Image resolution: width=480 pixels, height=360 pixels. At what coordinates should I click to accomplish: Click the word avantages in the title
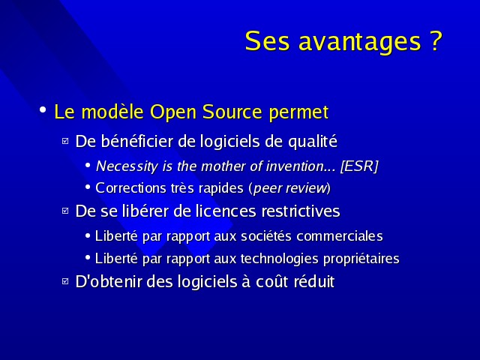[360, 42]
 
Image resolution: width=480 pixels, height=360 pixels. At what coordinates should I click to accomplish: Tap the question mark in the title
[436, 40]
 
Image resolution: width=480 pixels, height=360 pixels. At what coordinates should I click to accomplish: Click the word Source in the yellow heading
[232, 112]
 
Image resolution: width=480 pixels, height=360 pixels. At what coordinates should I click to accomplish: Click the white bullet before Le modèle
[43, 109]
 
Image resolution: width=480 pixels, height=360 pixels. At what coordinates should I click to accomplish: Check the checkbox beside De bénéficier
[65, 141]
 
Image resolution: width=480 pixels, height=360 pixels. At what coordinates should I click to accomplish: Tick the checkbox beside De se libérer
[65, 211]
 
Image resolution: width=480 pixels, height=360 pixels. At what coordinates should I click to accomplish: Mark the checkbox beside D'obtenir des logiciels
[65, 281]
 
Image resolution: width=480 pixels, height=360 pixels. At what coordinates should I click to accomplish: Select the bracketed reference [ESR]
[359, 166]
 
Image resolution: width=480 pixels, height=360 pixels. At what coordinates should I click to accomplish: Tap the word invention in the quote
[294, 166]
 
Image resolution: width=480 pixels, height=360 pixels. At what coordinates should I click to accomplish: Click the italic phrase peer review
[290, 188]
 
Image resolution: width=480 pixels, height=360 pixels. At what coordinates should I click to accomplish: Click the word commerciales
[340, 236]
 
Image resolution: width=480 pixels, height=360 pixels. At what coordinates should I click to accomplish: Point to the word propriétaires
[361, 259]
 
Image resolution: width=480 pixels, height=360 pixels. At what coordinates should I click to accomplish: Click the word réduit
[314, 281]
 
